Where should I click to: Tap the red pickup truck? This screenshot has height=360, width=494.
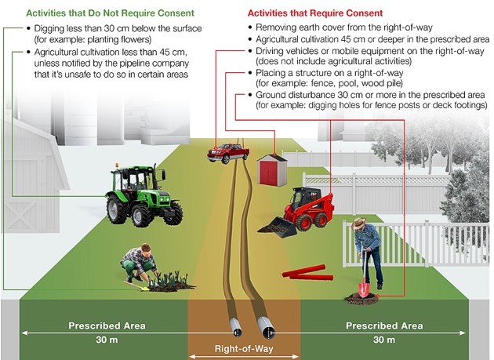[227, 152]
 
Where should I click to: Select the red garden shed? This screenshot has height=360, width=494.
[273, 168]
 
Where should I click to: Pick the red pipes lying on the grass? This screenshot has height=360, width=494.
[307, 272]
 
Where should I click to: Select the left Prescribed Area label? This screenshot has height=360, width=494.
[104, 325]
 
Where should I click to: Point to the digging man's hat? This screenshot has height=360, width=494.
[359, 223]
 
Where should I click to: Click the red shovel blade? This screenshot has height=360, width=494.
[363, 290]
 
